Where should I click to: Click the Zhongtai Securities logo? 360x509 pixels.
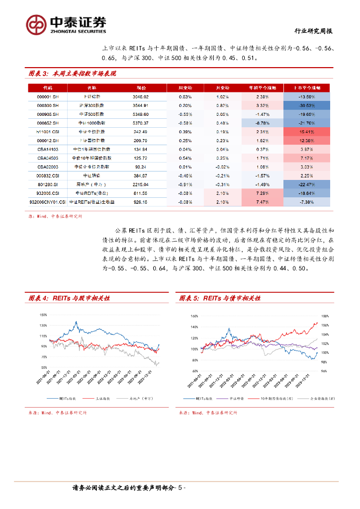pyautogui.click(x=67, y=23)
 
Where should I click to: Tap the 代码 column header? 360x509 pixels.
pyautogui.click(x=50, y=87)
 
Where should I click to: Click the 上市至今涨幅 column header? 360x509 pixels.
pyautogui.click(x=306, y=87)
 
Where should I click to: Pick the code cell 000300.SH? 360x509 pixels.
pyautogui.click(x=50, y=106)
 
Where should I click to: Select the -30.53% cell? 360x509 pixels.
pyautogui.click(x=306, y=106)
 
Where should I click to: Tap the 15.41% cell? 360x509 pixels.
pyautogui.click(x=306, y=132)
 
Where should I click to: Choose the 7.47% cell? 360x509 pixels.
pyautogui.click(x=260, y=202)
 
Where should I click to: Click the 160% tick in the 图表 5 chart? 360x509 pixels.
pyautogui.click(x=194, y=316)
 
